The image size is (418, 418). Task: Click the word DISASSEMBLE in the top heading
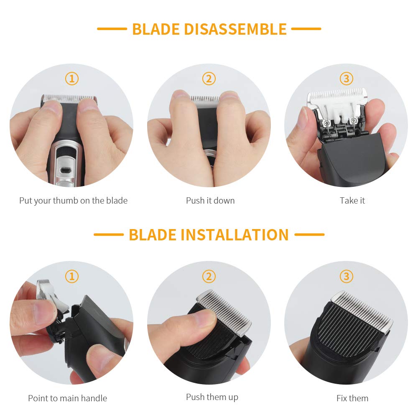(x=235, y=29)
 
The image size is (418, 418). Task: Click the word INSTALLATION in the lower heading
(x=235, y=235)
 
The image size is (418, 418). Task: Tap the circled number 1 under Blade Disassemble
(x=72, y=79)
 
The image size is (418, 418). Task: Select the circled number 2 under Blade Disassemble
(x=209, y=79)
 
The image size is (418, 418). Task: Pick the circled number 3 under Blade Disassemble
(x=346, y=79)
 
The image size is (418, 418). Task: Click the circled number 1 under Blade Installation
(x=72, y=276)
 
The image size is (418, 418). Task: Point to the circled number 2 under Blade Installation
(x=209, y=276)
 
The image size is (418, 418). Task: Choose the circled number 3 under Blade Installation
(x=346, y=276)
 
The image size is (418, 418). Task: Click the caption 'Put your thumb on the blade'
(x=73, y=201)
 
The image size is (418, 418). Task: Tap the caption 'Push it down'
(x=210, y=201)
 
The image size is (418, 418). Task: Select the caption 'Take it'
(x=352, y=201)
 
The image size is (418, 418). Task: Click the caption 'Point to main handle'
(x=67, y=398)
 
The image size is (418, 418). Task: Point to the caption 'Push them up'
(x=212, y=397)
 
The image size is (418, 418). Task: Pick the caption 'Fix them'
(x=352, y=398)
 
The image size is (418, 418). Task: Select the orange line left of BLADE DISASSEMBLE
(x=112, y=29)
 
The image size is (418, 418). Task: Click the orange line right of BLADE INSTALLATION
(x=309, y=234)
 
